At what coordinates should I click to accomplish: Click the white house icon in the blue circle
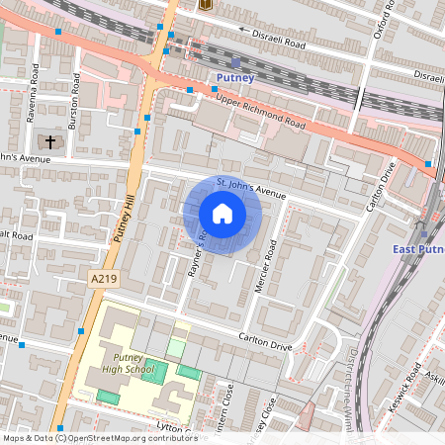pos(222,214)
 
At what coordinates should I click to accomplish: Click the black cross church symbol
pos(50,142)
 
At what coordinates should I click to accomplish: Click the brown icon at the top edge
pos(206,5)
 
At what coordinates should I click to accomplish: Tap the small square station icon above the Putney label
pos(235,61)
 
